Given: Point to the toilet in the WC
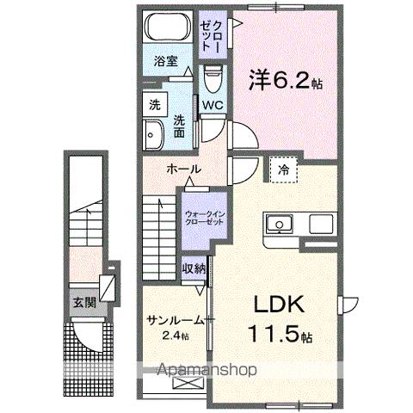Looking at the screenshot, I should (x=213, y=80).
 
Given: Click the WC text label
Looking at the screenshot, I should (x=213, y=106).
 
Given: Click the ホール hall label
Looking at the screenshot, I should (x=184, y=169).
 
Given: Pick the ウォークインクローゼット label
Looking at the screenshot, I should (x=205, y=213).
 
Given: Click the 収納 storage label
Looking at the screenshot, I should (x=194, y=268).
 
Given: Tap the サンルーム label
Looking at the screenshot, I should (x=175, y=319).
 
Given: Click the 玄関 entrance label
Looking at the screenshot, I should (x=83, y=302).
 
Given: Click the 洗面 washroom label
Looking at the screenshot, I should (x=180, y=126).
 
